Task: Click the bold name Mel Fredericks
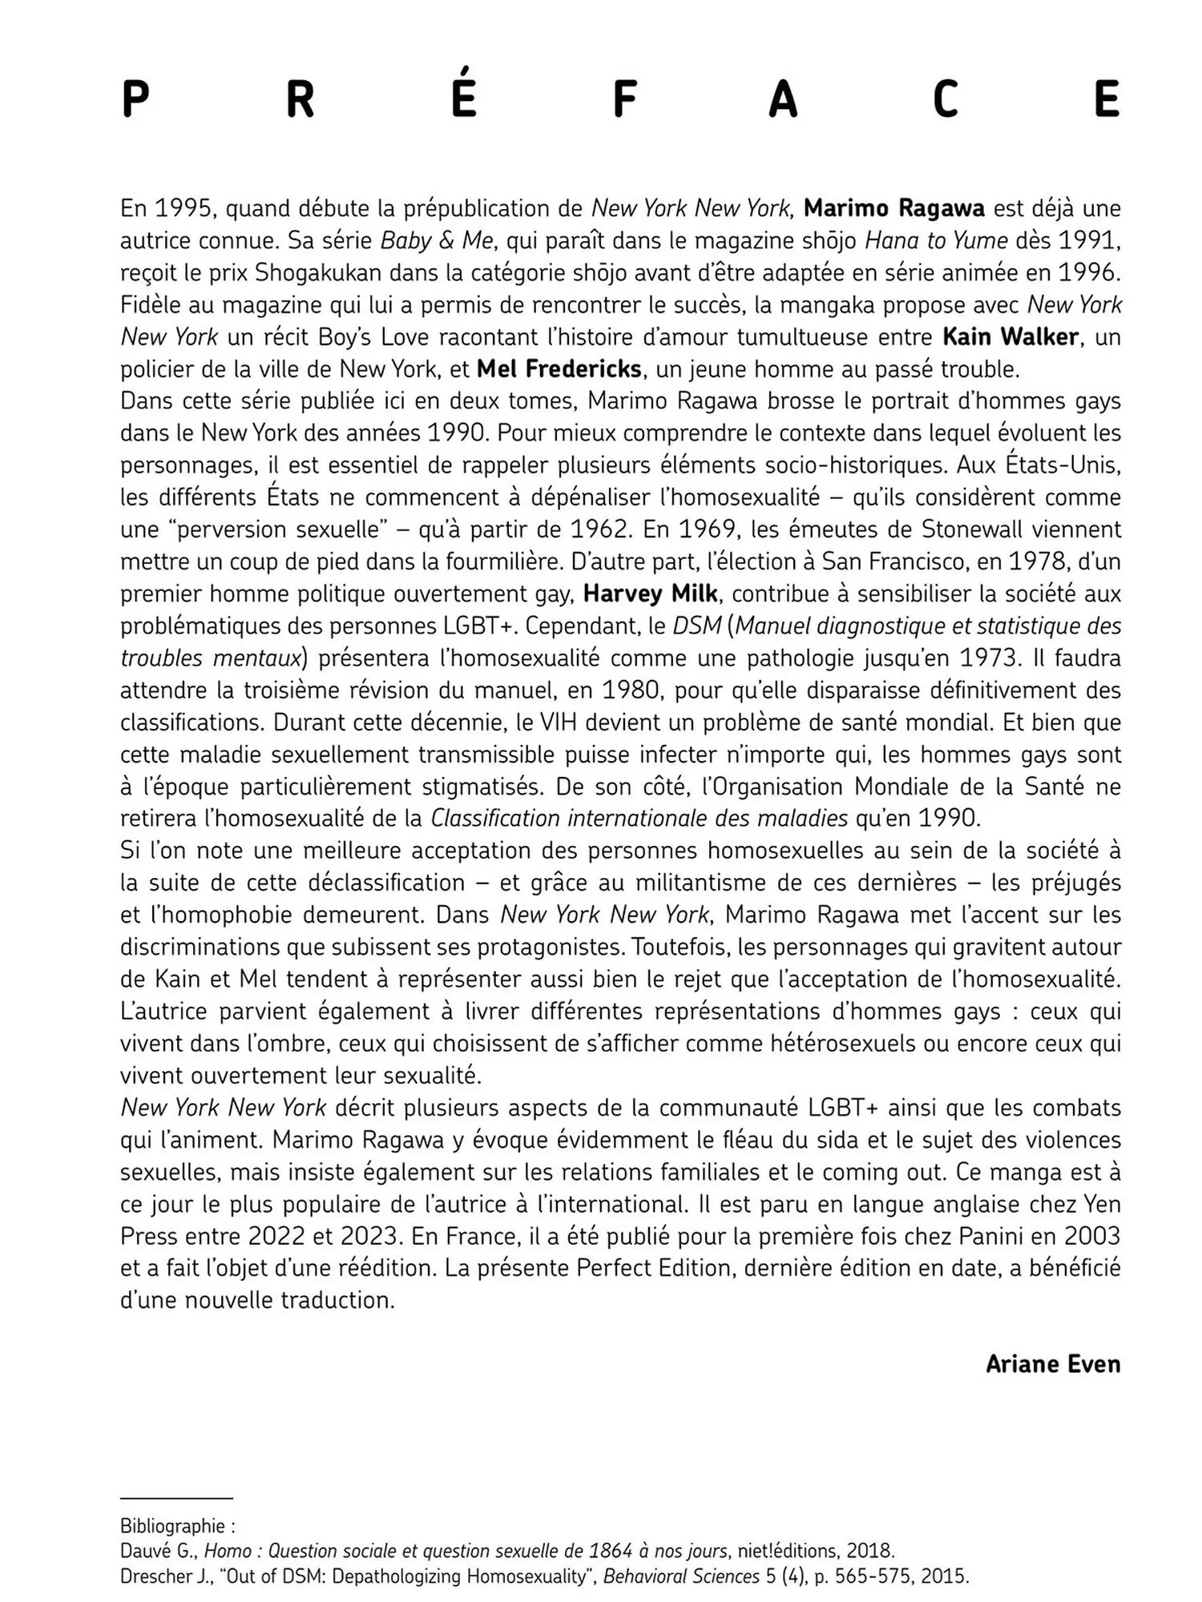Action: click(x=559, y=368)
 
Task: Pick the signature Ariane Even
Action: click(x=1052, y=1364)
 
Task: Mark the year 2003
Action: click(x=1091, y=1236)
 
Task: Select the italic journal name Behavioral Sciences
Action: click(x=681, y=1577)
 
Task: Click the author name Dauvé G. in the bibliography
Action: click(x=158, y=1552)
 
